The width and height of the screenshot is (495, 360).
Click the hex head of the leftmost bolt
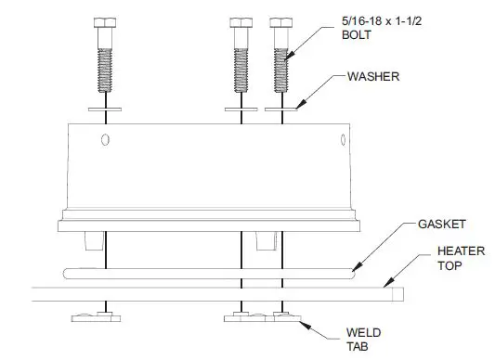pyautogui.click(x=105, y=22)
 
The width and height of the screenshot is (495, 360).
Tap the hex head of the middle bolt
pyautogui.click(x=241, y=22)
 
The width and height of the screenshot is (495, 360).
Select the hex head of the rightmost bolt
pyautogui.click(x=281, y=22)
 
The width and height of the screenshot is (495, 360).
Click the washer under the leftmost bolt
pyautogui.click(x=105, y=109)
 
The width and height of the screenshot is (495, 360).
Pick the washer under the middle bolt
pyautogui.click(x=241, y=109)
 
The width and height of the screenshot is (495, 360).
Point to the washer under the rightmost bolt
pyautogui.click(x=281, y=109)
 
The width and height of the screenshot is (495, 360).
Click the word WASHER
pyautogui.click(x=373, y=77)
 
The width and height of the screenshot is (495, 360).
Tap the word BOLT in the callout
pyautogui.click(x=357, y=34)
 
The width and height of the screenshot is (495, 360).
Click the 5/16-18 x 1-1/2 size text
pyautogui.click(x=382, y=21)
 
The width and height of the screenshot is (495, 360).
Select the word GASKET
pyautogui.click(x=442, y=225)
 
